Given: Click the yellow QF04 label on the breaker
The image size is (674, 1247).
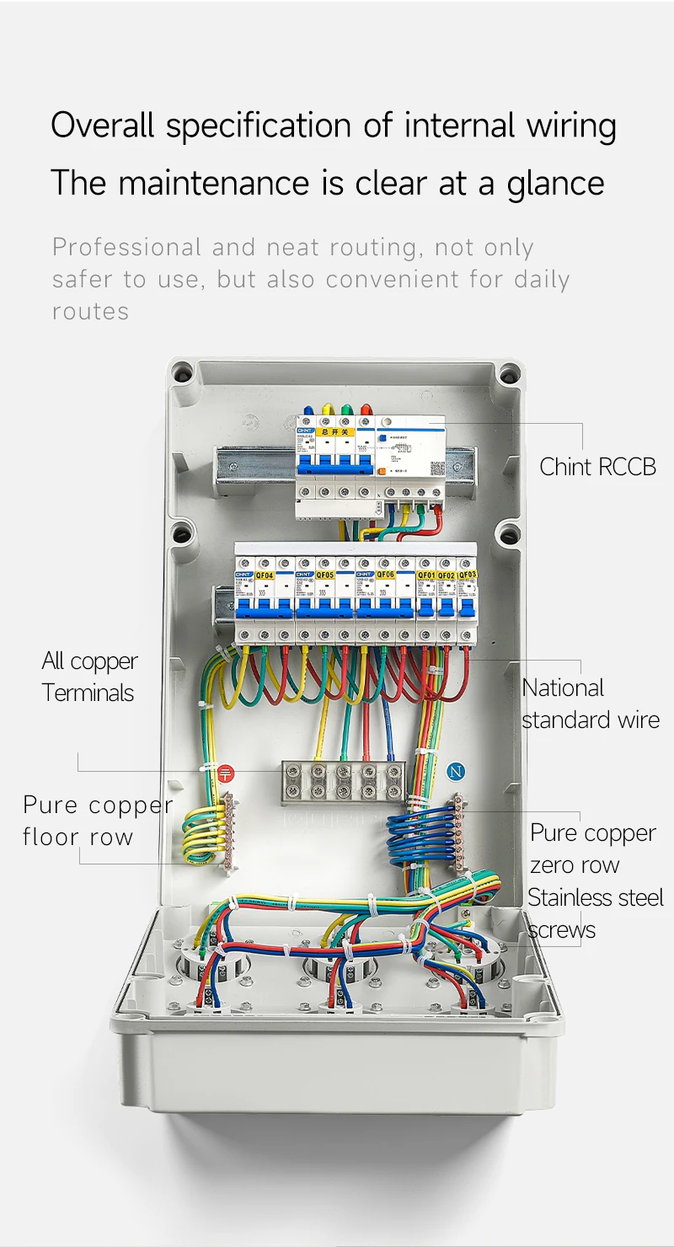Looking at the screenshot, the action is pos(265,575).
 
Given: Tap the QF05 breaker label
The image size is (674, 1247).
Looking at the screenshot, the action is pos(325,575).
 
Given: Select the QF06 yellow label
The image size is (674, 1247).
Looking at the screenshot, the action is pos(385,575).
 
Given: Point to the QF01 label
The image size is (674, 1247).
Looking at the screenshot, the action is pos(426,575).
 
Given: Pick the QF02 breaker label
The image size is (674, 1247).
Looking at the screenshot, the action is pos(447,575).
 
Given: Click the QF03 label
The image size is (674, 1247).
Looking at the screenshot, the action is pos(468,575).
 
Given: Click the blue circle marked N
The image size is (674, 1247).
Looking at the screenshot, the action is pos(456,771).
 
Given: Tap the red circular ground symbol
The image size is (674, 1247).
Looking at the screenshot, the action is pos(225,773).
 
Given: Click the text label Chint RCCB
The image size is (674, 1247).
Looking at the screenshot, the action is pos(597,467).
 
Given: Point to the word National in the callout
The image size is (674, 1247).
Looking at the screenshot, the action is pos(563,688).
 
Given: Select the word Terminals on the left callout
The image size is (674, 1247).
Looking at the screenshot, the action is pos(88,693).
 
